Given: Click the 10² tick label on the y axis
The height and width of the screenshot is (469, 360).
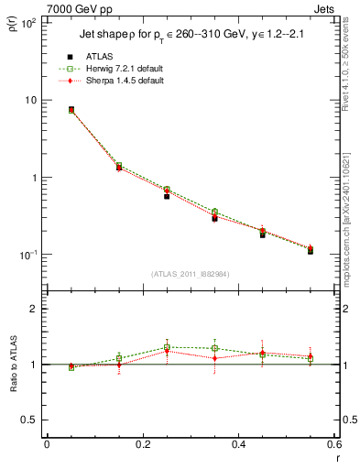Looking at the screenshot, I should click(x=28, y=22).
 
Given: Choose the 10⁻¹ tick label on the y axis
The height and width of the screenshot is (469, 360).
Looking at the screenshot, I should click(x=27, y=255).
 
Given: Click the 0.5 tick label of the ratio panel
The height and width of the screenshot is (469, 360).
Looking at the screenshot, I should click(x=30, y=420).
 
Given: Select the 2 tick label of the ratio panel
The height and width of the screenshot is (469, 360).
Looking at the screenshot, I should click(x=34, y=310).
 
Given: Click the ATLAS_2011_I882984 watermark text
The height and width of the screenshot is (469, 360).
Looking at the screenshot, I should click(x=191, y=274).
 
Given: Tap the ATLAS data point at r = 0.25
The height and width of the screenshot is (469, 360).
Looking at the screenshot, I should click(x=167, y=196).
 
